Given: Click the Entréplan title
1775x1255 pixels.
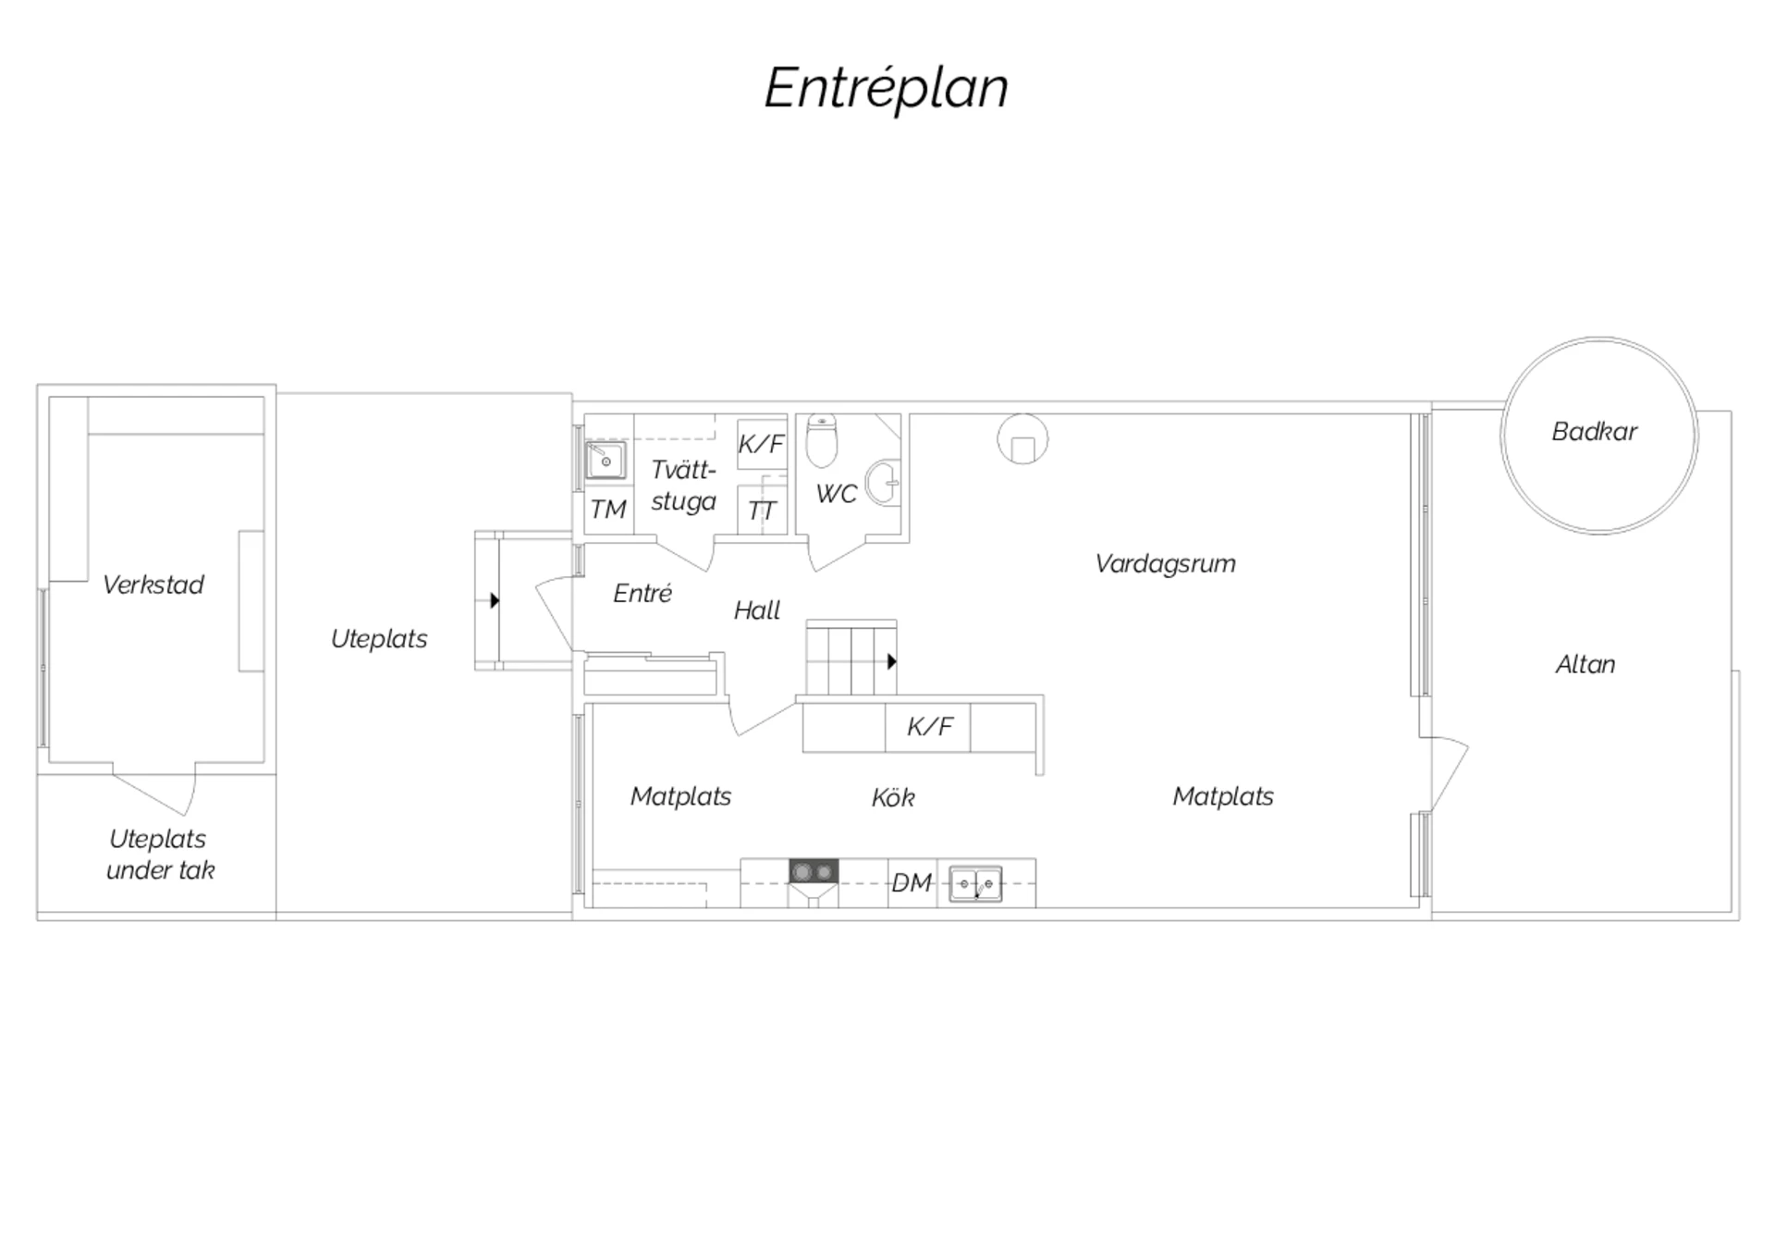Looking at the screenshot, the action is (x=886, y=89).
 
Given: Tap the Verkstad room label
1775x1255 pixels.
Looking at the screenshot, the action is (x=153, y=584).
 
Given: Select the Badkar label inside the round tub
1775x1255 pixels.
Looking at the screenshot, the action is (x=1594, y=431).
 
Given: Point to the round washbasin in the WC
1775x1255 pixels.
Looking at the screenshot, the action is (x=883, y=482).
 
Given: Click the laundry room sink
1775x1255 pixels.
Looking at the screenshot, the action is (x=606, y=461).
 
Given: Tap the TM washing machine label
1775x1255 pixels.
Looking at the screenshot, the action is (x=608, y=510).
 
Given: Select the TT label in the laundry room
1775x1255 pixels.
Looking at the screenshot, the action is (x=762, y=511).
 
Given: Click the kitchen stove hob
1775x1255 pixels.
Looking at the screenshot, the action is (x=814, y=871).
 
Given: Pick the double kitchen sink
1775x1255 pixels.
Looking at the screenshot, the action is (x=975, y=884).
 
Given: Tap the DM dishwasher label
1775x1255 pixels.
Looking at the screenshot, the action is (x=912, y=883).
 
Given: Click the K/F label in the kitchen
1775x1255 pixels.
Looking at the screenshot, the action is (x=929, y=726).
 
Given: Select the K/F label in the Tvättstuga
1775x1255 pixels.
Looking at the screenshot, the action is (x=761, y=444).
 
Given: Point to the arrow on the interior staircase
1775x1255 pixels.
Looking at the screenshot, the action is (x=892, y=661).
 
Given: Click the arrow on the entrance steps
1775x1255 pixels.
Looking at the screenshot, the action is (x=495, y=601).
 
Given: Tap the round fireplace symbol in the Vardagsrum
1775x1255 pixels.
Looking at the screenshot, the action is (x=1022, y=438).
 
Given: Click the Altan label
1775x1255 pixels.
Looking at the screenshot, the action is (x=1585, y=664).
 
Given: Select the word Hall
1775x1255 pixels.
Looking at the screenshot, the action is (x=757, y=610).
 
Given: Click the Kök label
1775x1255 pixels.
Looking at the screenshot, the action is (x=893, y=797).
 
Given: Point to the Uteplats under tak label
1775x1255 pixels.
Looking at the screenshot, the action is (x=159, y=855).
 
